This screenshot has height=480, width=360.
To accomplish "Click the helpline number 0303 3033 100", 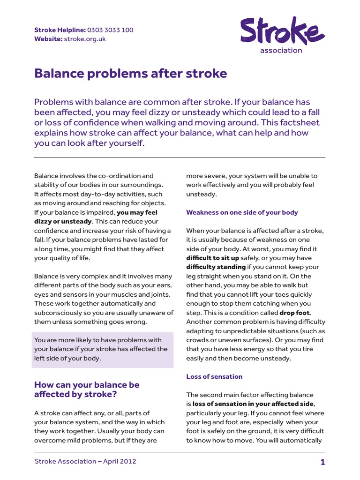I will coord(110,30).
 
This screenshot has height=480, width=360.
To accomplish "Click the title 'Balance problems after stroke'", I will coord(130,74).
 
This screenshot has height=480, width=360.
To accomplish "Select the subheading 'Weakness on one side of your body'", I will coord(242,212).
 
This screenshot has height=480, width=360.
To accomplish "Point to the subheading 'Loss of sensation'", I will coord(214,376).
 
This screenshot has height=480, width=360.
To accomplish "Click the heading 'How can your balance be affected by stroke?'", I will coord(87,390).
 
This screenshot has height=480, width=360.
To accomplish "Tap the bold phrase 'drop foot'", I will coord(295,313).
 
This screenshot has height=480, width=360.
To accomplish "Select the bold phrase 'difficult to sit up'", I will coord(212,258).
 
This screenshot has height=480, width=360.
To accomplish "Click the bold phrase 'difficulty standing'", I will coord(216,267).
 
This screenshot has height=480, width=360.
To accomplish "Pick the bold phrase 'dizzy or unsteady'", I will coord(63,221).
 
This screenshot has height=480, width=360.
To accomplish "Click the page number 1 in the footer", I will coord(322,462).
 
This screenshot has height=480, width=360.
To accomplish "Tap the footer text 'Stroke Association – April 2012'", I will coord(85,461).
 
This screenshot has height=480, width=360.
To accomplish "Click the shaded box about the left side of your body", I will coord(103,349).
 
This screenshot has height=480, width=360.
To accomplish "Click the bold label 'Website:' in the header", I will coord(48,39).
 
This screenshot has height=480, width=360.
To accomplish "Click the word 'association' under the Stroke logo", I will coord(281,51).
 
